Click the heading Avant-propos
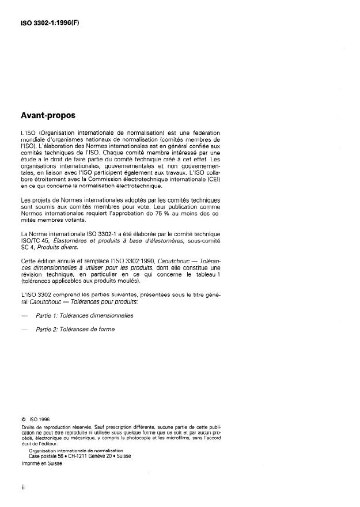[x=48, y=115]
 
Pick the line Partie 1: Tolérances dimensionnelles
[x=84, y=316]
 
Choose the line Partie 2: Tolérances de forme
[x=75, y=330]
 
